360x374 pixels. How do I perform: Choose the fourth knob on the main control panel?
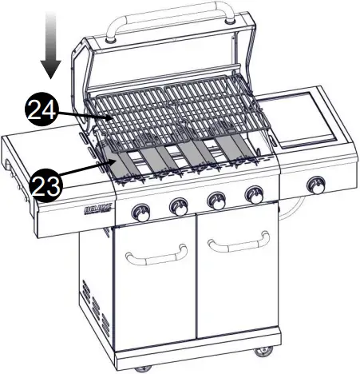click(254, 194)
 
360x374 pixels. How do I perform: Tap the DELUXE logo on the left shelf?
click(96, 211)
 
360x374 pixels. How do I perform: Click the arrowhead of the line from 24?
click(111, 118)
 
